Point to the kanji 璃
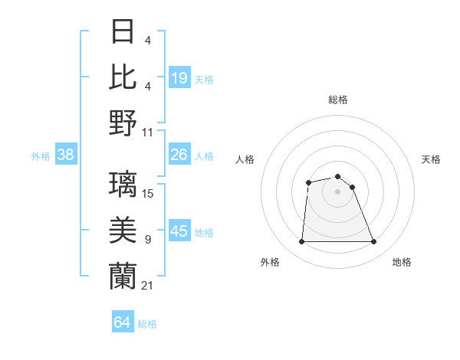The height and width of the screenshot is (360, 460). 123,185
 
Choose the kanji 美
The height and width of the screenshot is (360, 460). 123,230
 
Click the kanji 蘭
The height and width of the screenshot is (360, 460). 123,275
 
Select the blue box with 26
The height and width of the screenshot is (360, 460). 179,155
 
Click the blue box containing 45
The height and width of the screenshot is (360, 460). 179,231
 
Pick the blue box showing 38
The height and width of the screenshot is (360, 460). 66,155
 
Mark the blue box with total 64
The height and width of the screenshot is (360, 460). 123,322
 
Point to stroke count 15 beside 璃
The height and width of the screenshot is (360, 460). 148,194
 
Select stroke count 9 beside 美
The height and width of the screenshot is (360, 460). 147,240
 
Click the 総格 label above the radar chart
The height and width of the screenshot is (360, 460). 338,100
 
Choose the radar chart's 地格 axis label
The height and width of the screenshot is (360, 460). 402,262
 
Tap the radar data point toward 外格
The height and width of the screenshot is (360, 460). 301,242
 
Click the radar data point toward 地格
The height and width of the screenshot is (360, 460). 374,242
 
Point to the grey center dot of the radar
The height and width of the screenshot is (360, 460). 338,191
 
